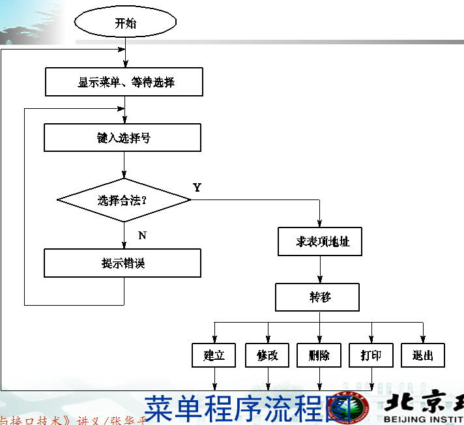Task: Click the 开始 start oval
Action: (125, 23)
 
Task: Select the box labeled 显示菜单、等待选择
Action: (124, 83)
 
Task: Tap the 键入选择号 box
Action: (123, 138)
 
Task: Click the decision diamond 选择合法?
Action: (124, 199)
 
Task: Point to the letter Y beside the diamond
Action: (197, 188)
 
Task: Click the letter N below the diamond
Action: (142, 236)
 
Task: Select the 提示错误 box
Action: (123, 263)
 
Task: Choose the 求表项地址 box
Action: (319, 242)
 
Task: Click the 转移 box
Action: (317, 297)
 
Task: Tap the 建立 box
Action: (214, 355)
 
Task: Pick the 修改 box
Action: (267, 355)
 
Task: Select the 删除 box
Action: (319, 355)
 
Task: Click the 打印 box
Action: (371, 355)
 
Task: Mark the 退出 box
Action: (423, 355)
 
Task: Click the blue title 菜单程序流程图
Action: (248, 408)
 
